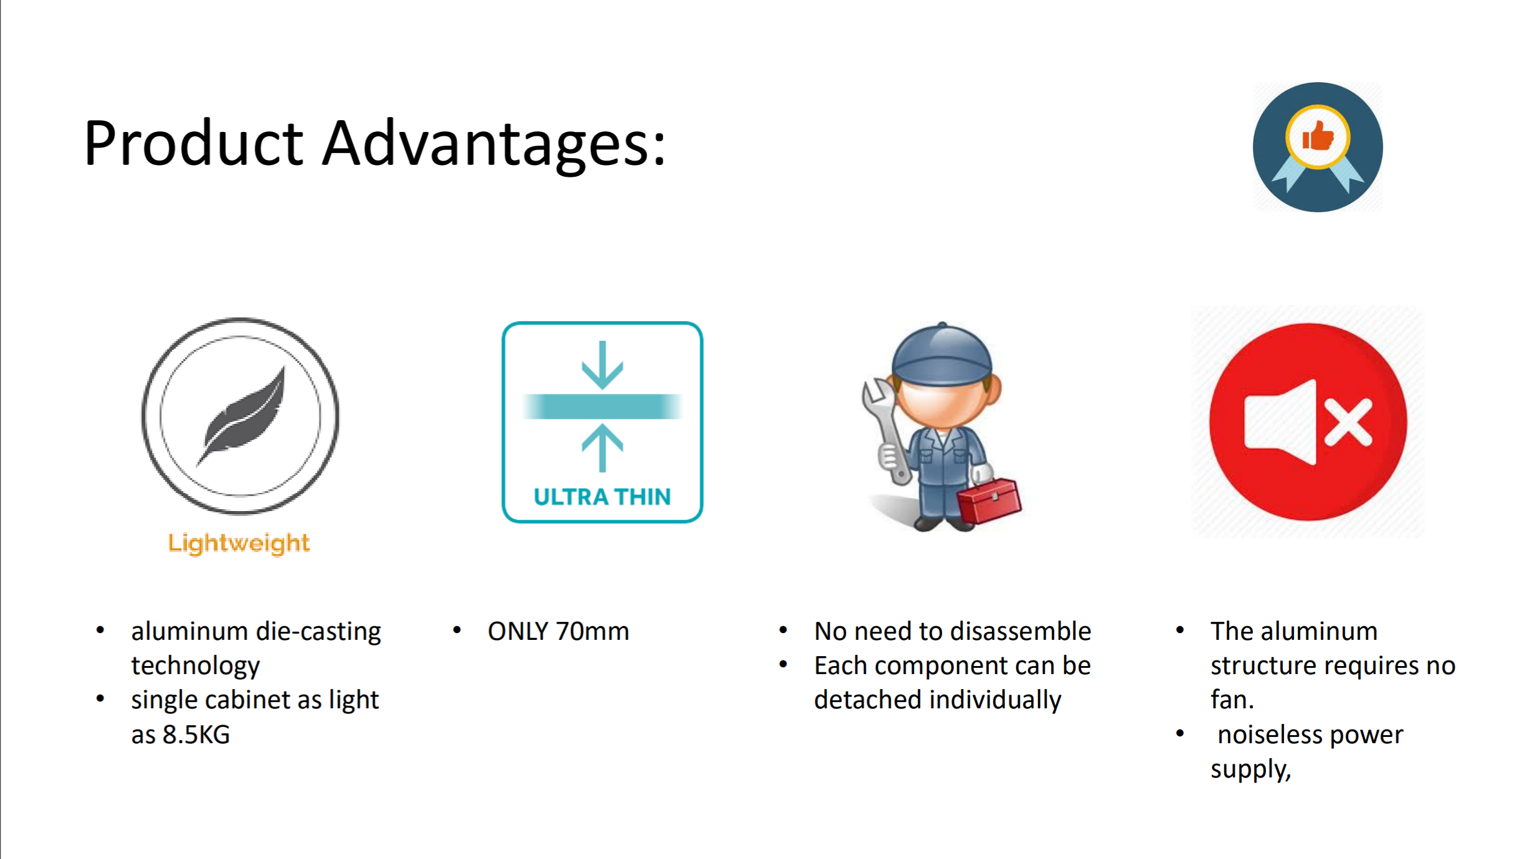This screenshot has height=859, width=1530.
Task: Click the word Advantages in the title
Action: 494,144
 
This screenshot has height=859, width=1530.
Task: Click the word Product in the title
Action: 194,143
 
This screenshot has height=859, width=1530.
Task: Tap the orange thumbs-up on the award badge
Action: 1318,136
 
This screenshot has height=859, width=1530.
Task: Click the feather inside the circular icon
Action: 242,415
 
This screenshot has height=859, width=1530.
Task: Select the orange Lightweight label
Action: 239,543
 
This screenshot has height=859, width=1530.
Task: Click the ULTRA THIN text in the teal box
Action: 602,497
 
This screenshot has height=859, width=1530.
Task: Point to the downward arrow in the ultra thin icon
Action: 602,365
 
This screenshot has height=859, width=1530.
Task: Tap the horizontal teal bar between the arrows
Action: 602,406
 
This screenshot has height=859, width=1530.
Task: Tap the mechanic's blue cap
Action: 942,353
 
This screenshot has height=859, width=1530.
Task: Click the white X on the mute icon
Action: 1349,422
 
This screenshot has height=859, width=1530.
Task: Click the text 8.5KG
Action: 196,735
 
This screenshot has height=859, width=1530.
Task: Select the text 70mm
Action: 593,632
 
